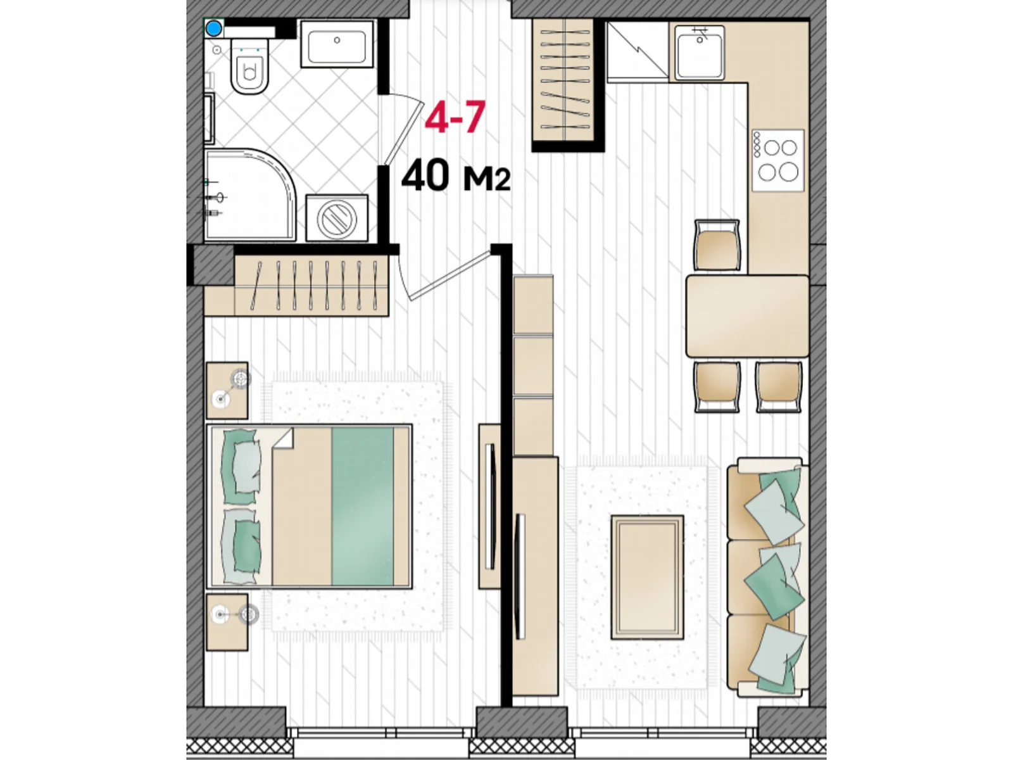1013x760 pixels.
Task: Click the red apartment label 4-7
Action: click(455, 118)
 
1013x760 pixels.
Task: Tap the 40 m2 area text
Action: click(456, 175)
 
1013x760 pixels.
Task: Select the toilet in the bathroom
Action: click(249, 66)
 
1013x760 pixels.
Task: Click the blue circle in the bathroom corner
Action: click(213, 29)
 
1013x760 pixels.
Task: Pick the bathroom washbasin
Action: click(337, 43)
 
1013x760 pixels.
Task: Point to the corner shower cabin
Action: click(249, 194)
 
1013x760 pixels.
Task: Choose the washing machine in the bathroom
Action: click(337, 218)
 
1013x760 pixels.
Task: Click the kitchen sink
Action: click(700, 53)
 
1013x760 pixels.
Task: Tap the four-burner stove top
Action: click(778, 161)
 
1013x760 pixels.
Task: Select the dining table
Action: click(747, 317)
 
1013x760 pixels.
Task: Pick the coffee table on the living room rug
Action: click(647, 577)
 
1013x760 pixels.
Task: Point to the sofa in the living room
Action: click(767, 576)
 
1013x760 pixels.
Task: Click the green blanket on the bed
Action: click(363, 507)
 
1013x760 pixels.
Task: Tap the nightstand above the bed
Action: click(227, 390)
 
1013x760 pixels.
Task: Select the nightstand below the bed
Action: click(227, 622)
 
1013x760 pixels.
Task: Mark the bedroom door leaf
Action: click(450, 275)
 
